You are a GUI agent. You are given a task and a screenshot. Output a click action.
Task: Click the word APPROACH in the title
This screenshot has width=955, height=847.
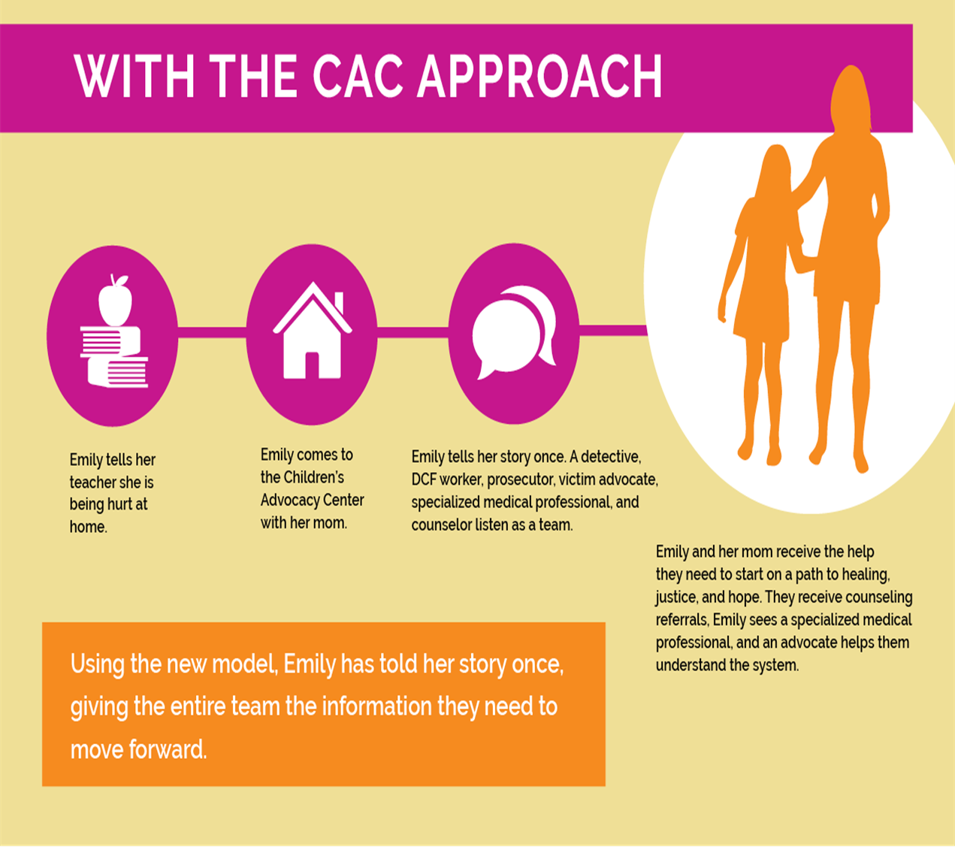[540, 76]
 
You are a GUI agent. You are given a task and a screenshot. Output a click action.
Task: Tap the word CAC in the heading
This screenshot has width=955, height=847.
[358, 76]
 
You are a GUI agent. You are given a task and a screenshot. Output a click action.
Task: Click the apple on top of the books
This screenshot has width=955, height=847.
[115, 301]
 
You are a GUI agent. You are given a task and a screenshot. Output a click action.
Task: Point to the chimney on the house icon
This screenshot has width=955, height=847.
[339, 303]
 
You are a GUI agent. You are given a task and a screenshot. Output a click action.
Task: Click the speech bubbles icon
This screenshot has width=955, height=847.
[514, 332]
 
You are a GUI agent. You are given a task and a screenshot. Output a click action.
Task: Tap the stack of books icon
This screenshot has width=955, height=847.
[114, 357]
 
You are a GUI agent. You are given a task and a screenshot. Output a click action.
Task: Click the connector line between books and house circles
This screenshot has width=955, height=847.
[212, 332]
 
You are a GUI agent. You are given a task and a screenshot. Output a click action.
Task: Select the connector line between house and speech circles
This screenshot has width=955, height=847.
[413, 332]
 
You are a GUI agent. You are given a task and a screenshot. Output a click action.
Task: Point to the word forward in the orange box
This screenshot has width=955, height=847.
[168, 749]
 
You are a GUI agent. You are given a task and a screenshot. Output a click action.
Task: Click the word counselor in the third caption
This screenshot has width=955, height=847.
[441, 525]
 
